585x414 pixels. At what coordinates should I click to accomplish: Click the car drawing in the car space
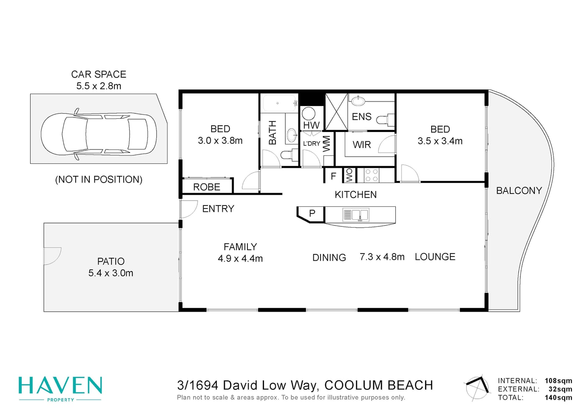[x=99, y=133]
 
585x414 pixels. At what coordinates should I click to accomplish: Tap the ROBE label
[x=206, y=187]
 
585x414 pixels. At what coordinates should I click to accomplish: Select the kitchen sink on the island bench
[x=356, y=215]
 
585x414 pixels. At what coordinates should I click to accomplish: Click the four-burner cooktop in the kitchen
[x=372, y=175]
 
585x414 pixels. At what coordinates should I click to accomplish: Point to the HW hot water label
[x=311, y=125]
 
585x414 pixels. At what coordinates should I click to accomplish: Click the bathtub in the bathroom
[x=279, y=103]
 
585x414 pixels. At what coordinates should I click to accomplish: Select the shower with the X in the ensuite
[x=337, y=112]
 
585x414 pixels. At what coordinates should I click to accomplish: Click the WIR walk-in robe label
[x=362, y=145]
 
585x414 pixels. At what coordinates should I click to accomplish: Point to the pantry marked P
[x=312, y=213]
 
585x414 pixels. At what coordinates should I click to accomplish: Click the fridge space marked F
[x=333, y=176]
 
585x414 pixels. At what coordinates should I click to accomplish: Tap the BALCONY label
[x=519, y=190]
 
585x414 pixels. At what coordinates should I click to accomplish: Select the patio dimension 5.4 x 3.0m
[x=111, y=273]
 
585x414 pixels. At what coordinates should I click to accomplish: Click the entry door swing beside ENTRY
[x=188, y=209]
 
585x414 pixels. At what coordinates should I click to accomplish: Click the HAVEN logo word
[x=60, y=385]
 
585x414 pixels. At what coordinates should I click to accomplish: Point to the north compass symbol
[x=477, y=388]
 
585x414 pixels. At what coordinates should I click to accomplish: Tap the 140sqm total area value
[x=558, y=398]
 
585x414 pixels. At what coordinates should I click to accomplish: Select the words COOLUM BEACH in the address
[x=379, y=385]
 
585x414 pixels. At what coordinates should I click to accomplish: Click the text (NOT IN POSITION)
[x=99, y=179]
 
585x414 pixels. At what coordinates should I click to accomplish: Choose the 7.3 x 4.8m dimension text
[x=382, y=257]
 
